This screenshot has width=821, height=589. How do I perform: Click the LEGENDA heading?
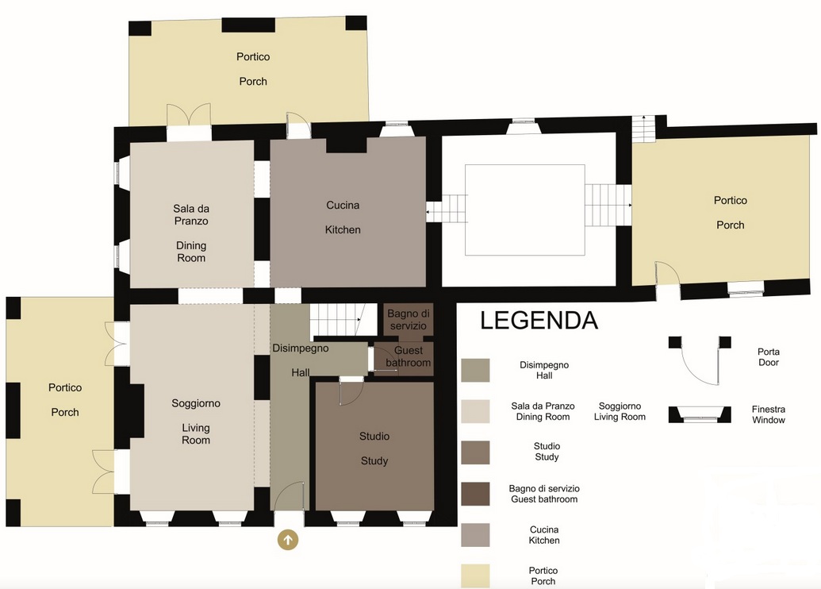(539, 321)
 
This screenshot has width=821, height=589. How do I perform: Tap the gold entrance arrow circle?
(288, 540)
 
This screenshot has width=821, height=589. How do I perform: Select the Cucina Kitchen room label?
(343, 218)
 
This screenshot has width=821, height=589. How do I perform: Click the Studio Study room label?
(374, 448)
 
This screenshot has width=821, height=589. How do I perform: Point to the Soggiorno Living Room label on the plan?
(196, 422)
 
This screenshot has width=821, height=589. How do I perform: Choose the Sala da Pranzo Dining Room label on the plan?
(191, 233)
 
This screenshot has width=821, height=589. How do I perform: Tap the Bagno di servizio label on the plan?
(409, 320)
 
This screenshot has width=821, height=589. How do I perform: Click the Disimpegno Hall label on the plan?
(301, 360)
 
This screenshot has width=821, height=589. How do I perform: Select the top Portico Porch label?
(253, 68)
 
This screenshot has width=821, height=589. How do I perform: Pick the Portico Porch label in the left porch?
(65, 400)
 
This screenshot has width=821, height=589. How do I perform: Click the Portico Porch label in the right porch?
(731, 212)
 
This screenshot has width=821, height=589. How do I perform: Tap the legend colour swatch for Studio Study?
(475, 452)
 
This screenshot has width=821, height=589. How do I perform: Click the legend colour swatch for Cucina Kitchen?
(475, 535)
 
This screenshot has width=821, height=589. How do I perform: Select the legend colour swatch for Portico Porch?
(475, 576)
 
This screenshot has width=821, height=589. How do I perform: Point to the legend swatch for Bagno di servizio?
(475, 494)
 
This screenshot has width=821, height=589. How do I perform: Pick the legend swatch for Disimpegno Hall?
(475, 370)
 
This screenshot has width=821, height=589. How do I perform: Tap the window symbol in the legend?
(700, 414)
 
